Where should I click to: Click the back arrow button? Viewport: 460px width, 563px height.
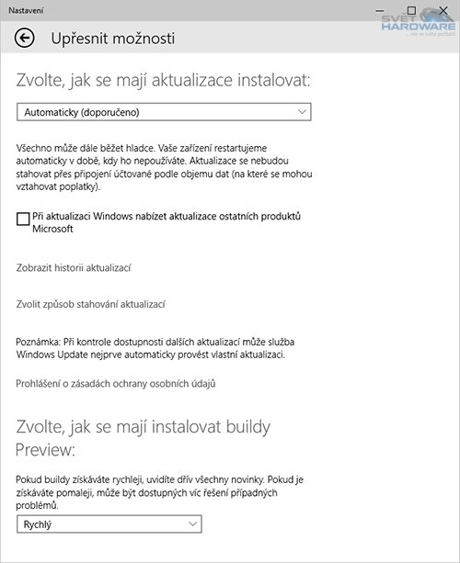pyautogui.click(x=25, y=38)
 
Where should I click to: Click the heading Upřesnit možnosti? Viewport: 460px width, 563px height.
pyautogui.click(x=112, y=39)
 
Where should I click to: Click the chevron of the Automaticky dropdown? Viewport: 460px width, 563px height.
pyautogui.click(x=303, y=112)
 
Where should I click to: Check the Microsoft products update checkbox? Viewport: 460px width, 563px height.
pyautogui.click(x=23, y=218)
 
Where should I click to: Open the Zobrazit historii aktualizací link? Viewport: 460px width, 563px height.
pyautogui.click(x=75, y=267)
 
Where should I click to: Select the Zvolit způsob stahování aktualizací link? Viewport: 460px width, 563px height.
pyautogui.click(x=90, y=304)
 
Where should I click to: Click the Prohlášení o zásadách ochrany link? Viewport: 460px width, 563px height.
pyautogui.click(x=116, y=382)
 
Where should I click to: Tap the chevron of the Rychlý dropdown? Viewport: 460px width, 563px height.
pyautogui.click(x=192, y=524)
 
